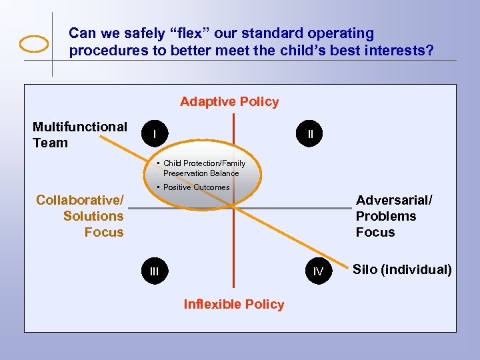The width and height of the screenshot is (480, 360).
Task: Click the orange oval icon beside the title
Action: [34, 43]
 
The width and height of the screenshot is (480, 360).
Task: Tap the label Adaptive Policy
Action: [229, 101]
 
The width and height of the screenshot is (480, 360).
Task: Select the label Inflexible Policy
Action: [233, 304]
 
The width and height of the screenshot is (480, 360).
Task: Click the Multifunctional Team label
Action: [79, 134]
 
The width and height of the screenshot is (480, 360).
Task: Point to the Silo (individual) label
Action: [401, 269]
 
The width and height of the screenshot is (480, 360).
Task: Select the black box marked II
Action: [310, 135]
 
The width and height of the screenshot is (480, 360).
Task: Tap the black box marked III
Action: [154, 271]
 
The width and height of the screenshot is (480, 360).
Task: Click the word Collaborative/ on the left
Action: [80, 200]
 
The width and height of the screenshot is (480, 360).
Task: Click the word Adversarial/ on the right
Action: [394, 200]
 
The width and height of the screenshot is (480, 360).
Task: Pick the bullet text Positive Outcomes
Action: [196, 187]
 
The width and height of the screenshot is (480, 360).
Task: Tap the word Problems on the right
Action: [385, 216]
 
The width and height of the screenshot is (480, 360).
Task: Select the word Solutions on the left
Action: [93, 216]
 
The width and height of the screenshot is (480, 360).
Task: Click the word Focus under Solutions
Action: [104, 232]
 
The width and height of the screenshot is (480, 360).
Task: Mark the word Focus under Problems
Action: [375, 232]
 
